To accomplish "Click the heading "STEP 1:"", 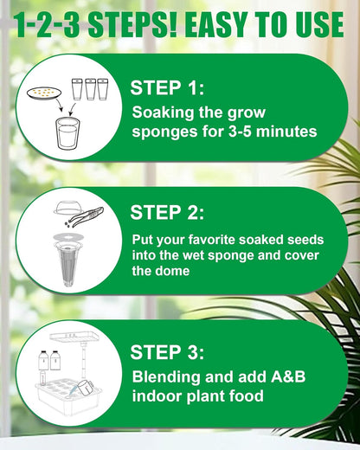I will pos(167,87).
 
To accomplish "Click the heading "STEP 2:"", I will pos(167,213).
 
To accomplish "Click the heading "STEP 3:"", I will pos(167,352).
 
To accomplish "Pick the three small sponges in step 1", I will pos(90,88).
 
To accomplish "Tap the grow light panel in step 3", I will pos(81,336).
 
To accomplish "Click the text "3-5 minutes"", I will pos(273,132).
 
